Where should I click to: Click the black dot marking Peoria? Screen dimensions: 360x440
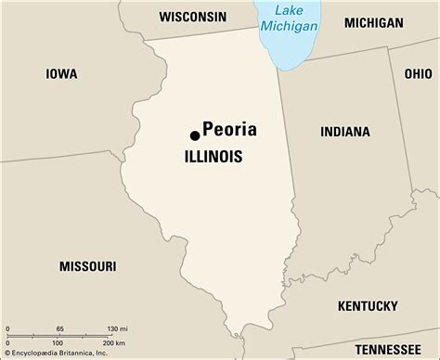(x=195, y=135)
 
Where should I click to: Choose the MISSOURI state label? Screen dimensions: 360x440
(x=87, y=239)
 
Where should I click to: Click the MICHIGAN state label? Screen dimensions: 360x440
(x=373, y=22)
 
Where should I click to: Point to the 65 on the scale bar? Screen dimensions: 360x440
(x=60, y=329)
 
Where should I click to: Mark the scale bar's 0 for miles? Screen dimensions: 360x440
(x=8, y=329)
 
